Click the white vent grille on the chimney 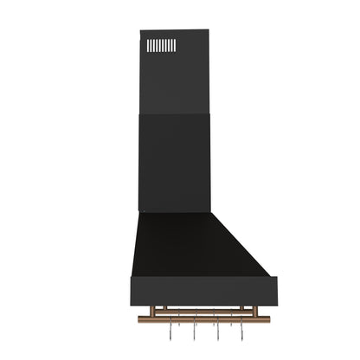point(161,45)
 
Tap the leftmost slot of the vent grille point(148,45)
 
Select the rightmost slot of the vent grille point(174,45)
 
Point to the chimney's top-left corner point(141,32)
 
